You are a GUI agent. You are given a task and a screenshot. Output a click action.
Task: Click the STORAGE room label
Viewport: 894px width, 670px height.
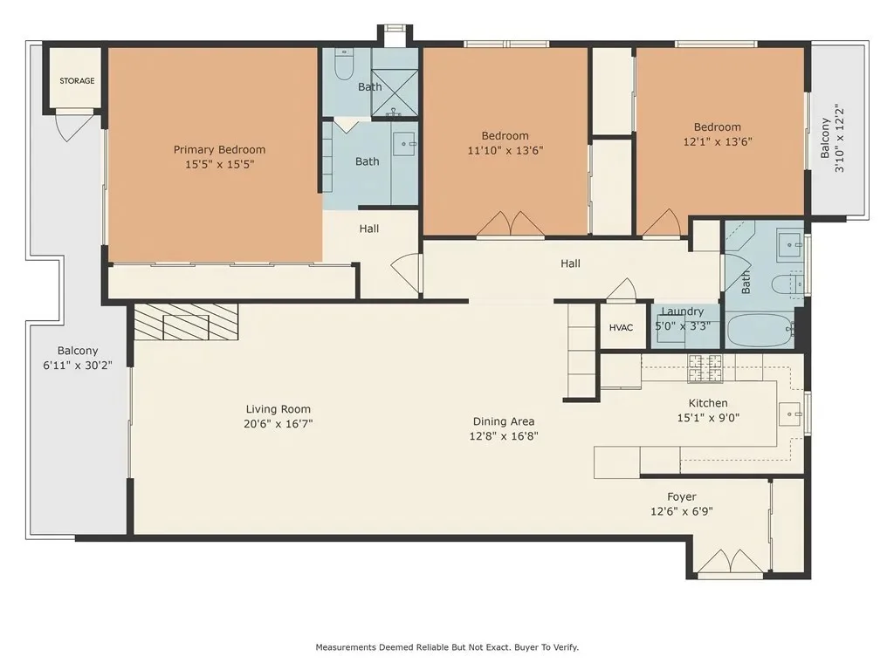(x=77, y=81)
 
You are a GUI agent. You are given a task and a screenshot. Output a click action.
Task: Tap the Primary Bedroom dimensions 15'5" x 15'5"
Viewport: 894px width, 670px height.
(x=219, y=165)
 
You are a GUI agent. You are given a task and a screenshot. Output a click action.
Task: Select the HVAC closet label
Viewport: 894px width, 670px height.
(x=621, y=328)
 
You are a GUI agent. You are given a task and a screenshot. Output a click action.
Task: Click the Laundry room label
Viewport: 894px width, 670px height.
(x=682, y=311)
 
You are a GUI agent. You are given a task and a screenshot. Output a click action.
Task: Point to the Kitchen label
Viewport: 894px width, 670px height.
(x=708, y=403)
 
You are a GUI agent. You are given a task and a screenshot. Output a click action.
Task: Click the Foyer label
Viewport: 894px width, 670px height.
(x=681, y=496)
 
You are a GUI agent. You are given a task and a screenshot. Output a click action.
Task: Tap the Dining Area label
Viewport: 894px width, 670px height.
(x=504, y=421)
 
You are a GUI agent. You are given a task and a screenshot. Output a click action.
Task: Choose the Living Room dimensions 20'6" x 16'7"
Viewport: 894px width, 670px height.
(x=279, y=424)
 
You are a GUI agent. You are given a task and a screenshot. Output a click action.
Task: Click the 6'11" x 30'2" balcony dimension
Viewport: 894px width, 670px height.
(x=78, y=366)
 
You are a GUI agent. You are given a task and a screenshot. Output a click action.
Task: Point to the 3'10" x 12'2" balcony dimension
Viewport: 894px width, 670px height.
(x=839, y=138)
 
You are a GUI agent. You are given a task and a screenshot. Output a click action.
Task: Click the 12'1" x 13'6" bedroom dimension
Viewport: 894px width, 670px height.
(x=718, y=141)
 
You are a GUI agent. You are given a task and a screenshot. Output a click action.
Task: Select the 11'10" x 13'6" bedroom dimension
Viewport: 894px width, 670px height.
(x=505, y=150)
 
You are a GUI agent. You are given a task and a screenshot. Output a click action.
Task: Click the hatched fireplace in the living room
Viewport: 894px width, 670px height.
(x=186, y=322)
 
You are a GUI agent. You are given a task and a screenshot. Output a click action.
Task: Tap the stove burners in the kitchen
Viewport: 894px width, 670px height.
(x=705, y=368)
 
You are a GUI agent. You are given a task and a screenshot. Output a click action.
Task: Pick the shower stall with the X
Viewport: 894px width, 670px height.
(x=395, y=92)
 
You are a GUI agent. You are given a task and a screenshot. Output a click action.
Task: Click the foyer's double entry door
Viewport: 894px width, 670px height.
(x=731, y=561)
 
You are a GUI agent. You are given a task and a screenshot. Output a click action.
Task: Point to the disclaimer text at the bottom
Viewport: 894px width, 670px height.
(x=447, y=647)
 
